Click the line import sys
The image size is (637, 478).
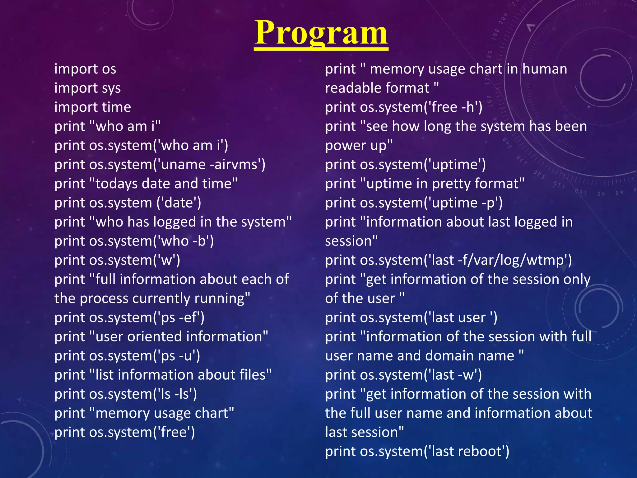click(87, 88)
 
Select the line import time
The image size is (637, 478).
click(93, 107)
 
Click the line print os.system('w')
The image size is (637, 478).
click(117, 260)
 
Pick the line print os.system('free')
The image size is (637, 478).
click(124, 432)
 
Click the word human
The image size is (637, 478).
click(545, 69)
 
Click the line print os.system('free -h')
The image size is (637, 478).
click(404, 107)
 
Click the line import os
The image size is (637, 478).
click(85, 69)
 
